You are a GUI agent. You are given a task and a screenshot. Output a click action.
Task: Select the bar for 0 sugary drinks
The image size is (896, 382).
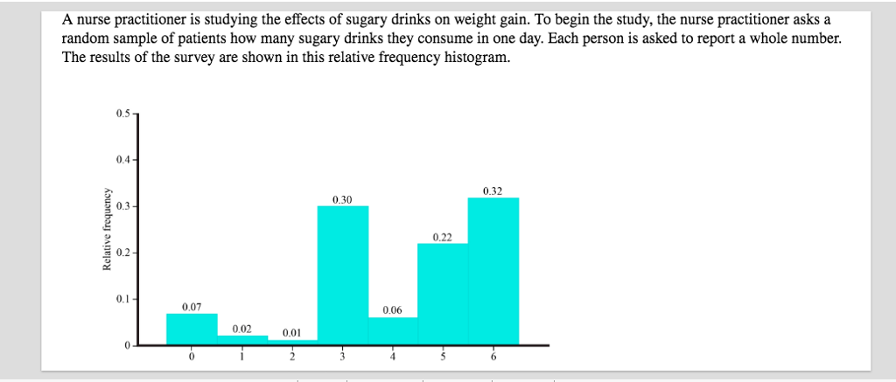[x=192, y=329]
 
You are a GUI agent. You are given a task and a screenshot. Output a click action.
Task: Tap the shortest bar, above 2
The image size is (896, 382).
[x=292, y=342]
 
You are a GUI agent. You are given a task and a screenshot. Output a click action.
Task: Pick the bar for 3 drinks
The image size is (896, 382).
[x=343, y=275]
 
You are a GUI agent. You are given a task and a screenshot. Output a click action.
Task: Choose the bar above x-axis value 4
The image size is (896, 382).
[x=393, y=331]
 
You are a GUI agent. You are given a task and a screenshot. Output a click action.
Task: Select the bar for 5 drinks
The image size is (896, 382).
[x=443, y=294]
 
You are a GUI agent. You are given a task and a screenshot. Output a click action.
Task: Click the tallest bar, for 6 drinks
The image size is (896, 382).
[x=493, y=271]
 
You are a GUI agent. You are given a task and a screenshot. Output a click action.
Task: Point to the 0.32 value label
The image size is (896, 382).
[x=493, y=190]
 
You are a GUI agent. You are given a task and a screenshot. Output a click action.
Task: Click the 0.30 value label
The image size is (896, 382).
[x=342, y=199]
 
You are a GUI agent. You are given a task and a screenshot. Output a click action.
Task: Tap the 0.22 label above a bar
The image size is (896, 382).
[x=443, y=237]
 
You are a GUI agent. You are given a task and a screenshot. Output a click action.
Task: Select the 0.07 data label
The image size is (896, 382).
[x=192, y=307]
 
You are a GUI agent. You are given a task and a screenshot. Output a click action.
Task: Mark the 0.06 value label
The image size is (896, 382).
[x=393, y=310]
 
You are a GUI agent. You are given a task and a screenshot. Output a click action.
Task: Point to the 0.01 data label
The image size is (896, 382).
[x=292, y=332]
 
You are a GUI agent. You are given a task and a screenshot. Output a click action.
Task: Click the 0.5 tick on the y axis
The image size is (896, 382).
[x=121, y=114]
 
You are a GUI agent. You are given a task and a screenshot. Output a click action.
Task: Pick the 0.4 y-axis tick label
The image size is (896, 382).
[x=121, y=160]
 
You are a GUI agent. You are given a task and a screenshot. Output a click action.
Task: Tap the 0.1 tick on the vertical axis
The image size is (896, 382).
[x=121, y=299]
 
